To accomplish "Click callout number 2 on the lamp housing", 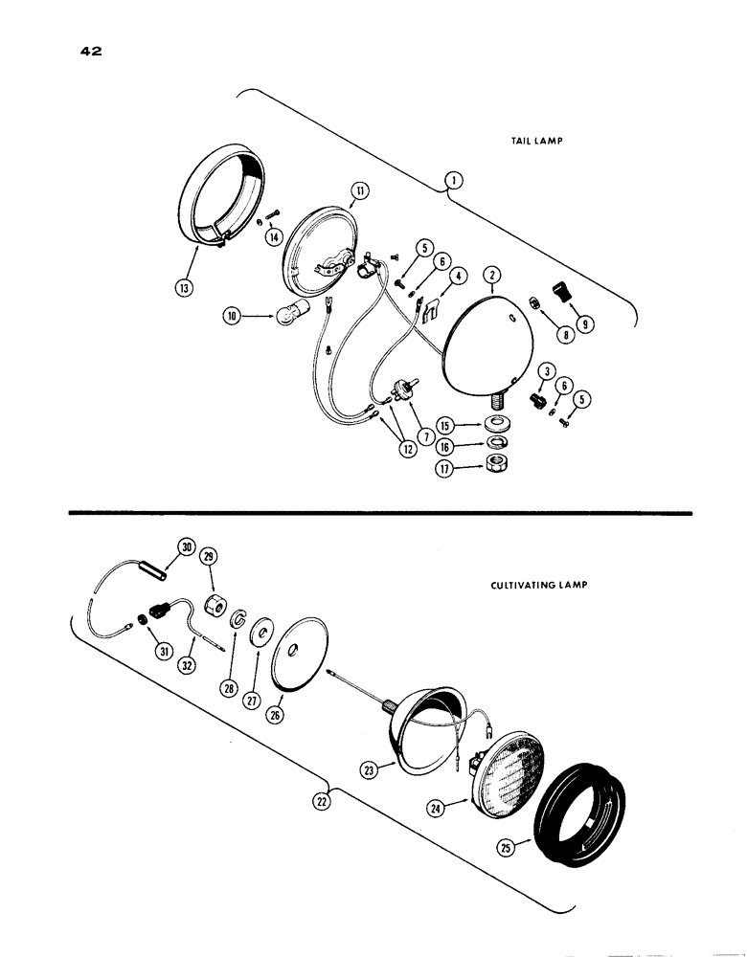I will (x=491, y=274).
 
